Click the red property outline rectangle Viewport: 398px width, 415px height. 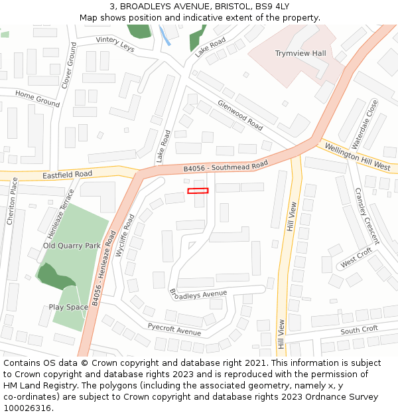198,191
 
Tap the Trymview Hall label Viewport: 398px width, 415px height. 300,53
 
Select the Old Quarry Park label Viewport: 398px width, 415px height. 72,246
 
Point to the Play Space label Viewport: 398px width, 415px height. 68,307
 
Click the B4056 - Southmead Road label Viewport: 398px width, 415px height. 226,166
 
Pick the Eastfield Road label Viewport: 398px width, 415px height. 67,175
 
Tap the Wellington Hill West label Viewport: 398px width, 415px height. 356,156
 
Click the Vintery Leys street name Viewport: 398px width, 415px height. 115,44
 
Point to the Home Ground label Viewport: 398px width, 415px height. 37,99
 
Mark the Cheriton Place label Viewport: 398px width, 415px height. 11,201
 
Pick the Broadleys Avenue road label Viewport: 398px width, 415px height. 198,293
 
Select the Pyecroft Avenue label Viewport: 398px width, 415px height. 174,329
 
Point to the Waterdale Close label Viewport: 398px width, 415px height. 364,124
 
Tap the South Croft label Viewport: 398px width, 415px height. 359,330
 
